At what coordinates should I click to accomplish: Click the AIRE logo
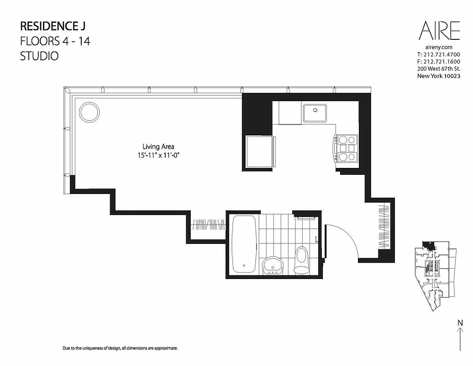[x=440, y=32]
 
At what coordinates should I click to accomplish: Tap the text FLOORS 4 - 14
[x=55, y=41]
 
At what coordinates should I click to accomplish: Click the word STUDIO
[x=39, y=57]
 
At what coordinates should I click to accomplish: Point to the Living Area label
[x=158, y=147]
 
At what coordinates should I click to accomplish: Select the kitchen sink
[x=315, y=113]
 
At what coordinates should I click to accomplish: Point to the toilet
[x=301, y=259]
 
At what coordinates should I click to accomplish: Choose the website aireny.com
[x=438, y=47]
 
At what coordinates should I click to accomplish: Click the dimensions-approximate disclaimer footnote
[x=120, y=348]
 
